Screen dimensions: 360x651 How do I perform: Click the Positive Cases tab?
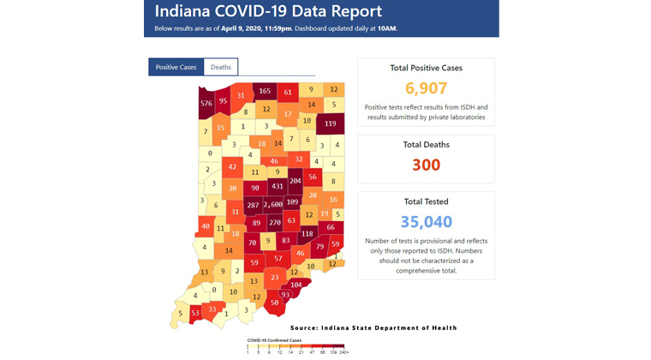pos(176,67)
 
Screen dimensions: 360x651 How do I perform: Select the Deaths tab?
pos(220,67)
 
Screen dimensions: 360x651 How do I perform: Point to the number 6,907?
pos(426,87)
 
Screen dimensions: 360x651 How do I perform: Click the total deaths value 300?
pos(426,165)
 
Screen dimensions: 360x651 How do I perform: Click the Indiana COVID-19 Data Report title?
pos(268,12)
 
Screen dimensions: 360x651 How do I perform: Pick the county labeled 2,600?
pos(273,205)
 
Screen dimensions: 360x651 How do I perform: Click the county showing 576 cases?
pos(206,104)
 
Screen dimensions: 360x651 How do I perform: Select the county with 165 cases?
pos(265,91)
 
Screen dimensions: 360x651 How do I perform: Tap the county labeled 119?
pos(331,123)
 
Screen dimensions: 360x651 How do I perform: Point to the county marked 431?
pos(277,186)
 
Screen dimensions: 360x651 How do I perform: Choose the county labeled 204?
pos(295,182)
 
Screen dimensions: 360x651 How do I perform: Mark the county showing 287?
pos(253,206)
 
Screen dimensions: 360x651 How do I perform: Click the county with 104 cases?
pos(296,285)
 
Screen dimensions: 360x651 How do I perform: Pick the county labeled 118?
pos(307,233)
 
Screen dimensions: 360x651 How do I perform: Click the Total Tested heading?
pos(426,201)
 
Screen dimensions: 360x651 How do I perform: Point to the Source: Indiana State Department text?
pos(373,327)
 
